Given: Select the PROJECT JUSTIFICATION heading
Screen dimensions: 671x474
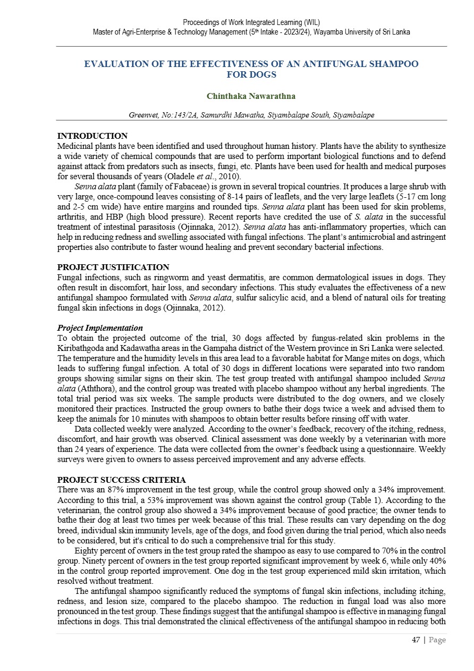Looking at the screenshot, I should (x=113, y=267).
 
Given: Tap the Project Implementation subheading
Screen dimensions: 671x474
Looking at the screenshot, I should (x=99, y=328).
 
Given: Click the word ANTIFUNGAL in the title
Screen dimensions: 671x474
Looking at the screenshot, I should (x=317, y=64).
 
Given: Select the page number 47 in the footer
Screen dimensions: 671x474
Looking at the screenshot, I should (x=416, y=640).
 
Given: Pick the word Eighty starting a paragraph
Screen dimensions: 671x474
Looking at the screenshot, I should (x=87, y=550).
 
